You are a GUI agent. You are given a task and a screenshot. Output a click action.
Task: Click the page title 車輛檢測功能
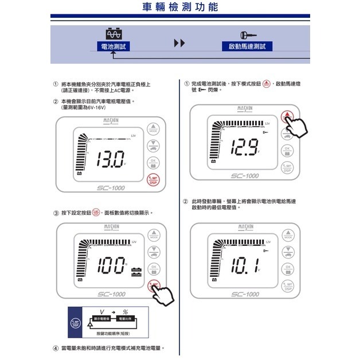(x=180, y=7)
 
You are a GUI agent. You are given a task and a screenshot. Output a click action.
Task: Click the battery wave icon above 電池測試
(x=115, y=33)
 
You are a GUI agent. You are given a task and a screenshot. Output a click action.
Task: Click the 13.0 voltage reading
(x=109, y=158)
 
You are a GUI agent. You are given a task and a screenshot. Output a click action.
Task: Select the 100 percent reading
(x=111, y=264)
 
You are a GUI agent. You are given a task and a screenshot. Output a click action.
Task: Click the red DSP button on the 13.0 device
(x=152, y=179)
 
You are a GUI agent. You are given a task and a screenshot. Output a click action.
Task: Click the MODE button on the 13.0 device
(x=152, y=129)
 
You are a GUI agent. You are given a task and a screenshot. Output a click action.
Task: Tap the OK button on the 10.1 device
(x=288, y=269)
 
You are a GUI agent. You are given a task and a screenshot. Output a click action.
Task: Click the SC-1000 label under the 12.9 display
(x=245, y=176)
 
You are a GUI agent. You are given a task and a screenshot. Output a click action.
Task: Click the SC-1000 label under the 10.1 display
(x=245, y=294)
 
